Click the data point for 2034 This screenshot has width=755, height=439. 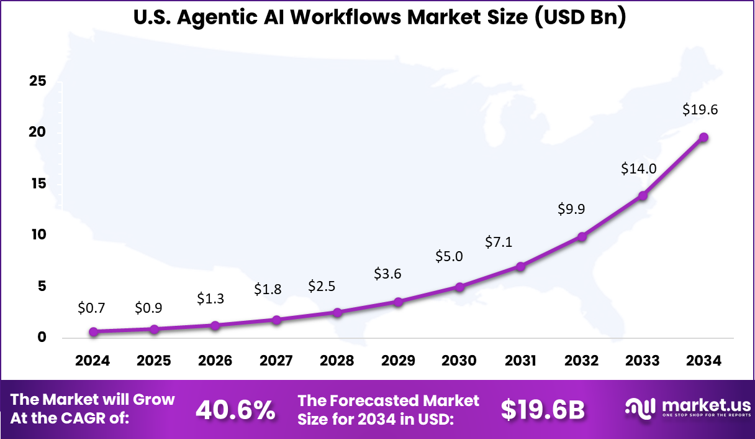704,137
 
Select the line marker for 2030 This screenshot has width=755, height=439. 459,287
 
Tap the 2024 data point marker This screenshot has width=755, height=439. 93,332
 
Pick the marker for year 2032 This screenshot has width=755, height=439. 582,236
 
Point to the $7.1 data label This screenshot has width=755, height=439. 499,242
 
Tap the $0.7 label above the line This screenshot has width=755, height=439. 93,307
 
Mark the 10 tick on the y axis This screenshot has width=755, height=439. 38,234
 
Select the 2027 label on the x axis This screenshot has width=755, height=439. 276,361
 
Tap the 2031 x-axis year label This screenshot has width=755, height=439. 520,361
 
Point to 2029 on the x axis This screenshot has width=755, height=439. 398,361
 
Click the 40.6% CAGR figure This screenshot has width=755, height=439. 235,409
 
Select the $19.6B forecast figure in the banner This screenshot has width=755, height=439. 543,409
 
